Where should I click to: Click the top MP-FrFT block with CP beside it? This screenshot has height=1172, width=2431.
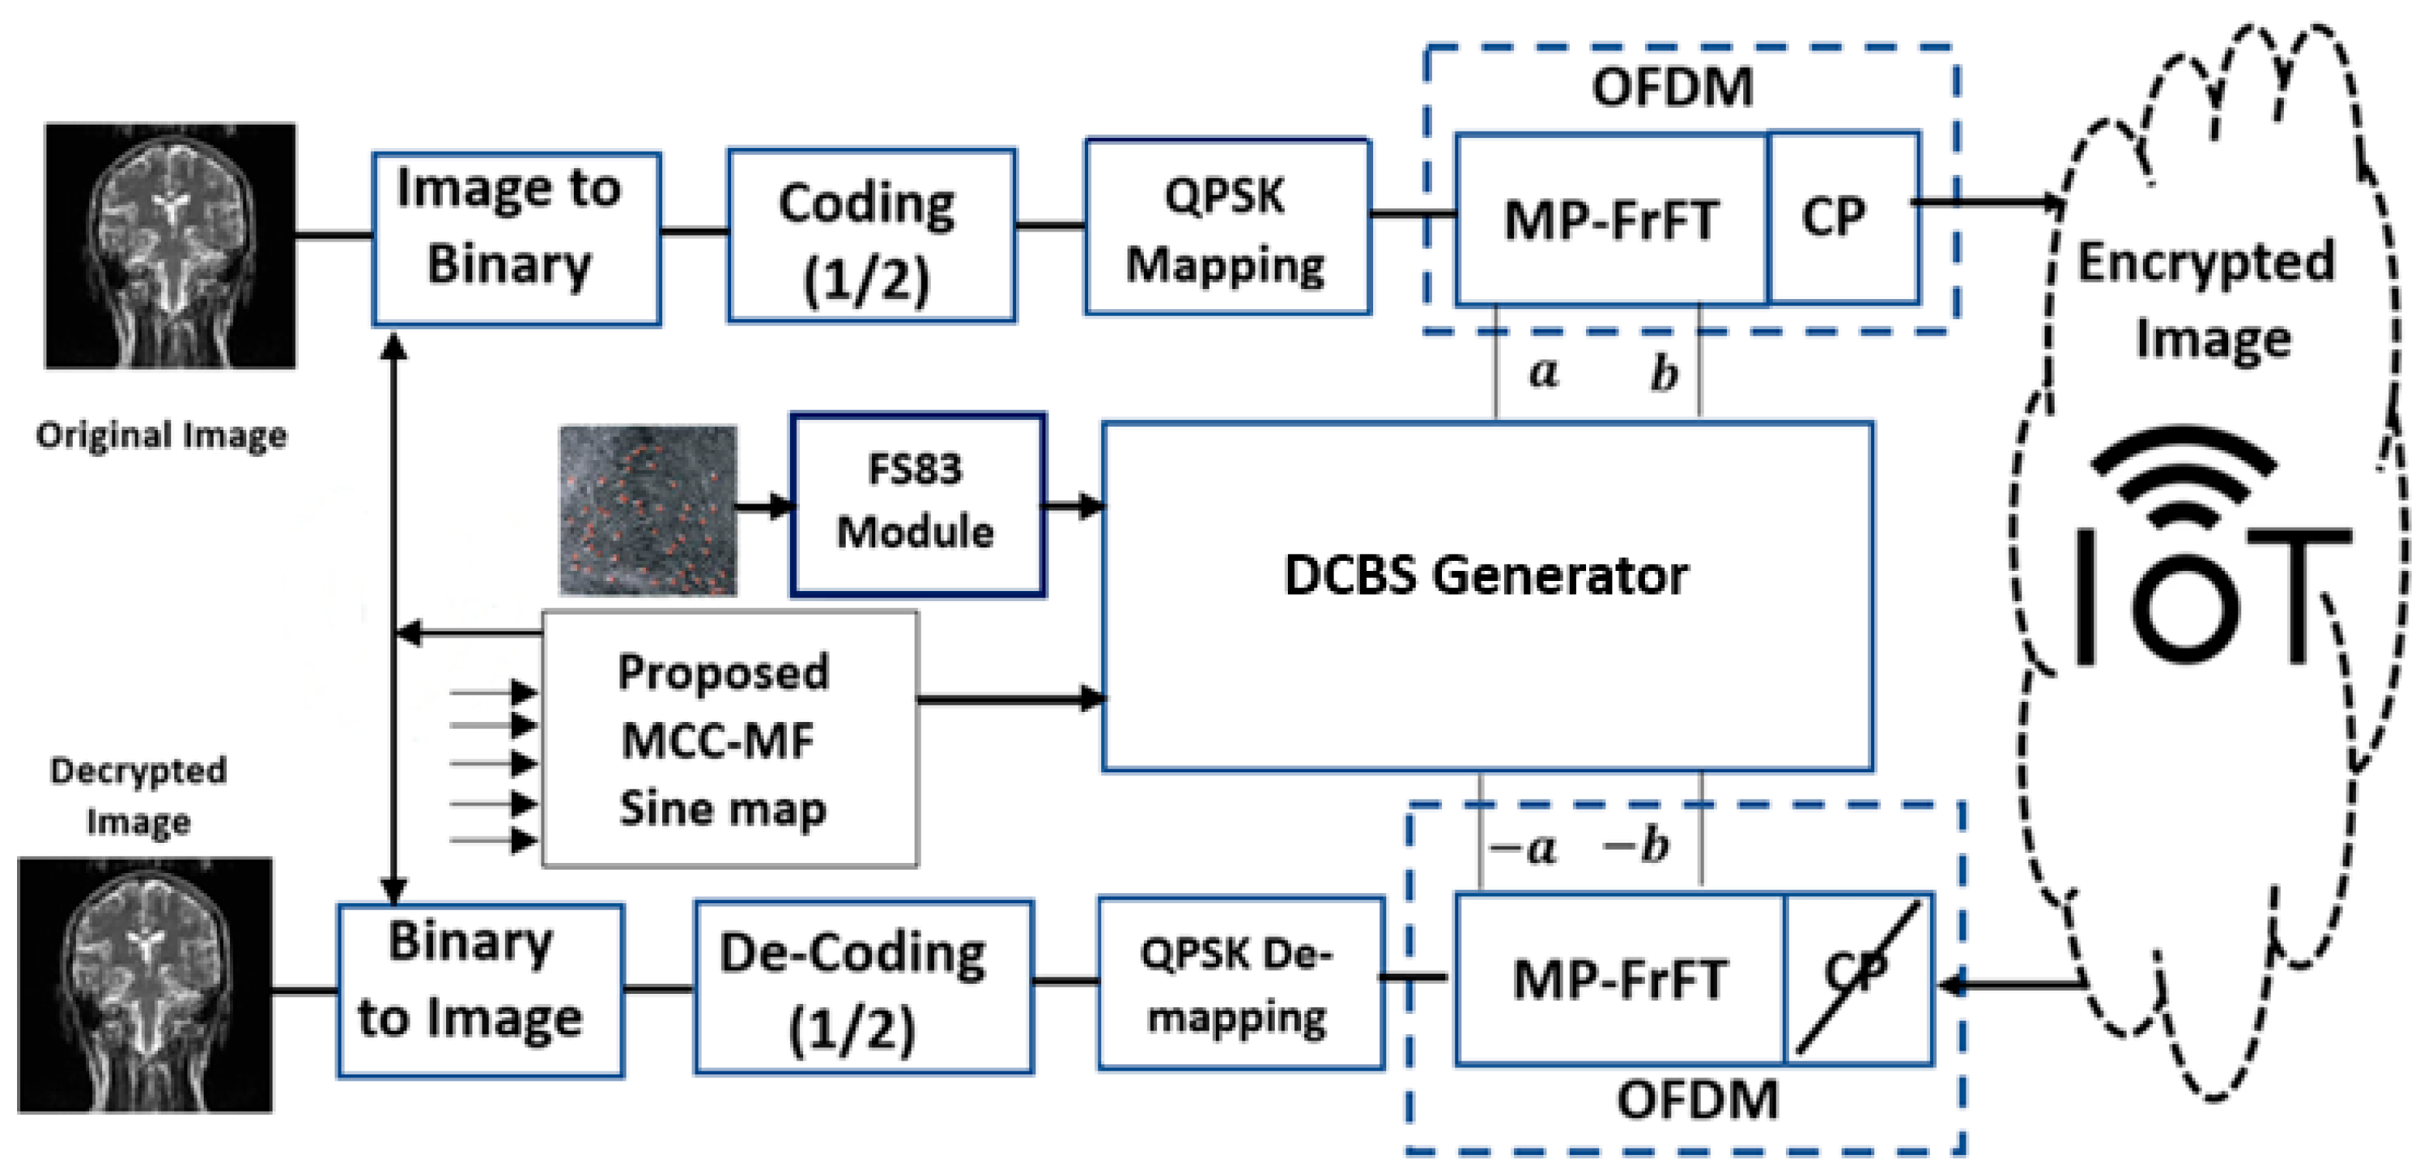click(x=1611, y=219)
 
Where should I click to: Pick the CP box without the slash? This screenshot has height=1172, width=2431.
click(x=1842, y=218)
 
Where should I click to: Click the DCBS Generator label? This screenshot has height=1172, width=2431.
click(x=1486, y=576)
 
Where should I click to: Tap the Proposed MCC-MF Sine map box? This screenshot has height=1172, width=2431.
click(x=729, y=739)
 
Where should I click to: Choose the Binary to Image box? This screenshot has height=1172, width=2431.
click(x=480, y=990)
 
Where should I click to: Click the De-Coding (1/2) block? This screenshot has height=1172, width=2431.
click(x=863, y=987)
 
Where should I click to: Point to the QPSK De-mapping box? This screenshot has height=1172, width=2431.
click(x=1240, y=983)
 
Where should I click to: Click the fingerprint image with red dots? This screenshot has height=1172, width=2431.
click(x=647, y=510)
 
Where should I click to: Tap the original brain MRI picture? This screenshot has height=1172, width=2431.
click(x=170, y=246)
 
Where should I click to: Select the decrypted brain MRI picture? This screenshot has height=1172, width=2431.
click(x=144, y=985)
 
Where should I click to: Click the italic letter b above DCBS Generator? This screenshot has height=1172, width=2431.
click(x=1664, y=373)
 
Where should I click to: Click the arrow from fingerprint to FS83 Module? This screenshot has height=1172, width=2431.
click(x=764, y=507)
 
